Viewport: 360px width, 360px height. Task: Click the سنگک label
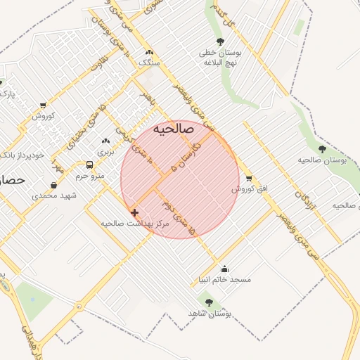pyautogui.click(x=149, y=63)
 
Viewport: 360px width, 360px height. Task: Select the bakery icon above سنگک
pyautogui.click(x=148, y=52)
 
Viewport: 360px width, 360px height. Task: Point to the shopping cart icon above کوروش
pyautogui.click(x=43, y=105)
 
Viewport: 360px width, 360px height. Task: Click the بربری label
pyautogui.click(x=105, y=151)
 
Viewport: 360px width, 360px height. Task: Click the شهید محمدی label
pyautogui.click(x=54, y=195)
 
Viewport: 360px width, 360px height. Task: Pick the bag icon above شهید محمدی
pyautogui.click(x=54, y=185)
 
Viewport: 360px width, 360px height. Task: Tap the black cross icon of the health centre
pyautogui.click(x=134, y=212)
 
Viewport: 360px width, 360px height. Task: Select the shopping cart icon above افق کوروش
pyautogui.click(x=247, y=179)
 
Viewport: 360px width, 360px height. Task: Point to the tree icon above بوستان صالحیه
pyautogui.click(x=322, y=149)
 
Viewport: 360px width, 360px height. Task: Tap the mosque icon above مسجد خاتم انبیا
pyautogui.click(x=224, y=268)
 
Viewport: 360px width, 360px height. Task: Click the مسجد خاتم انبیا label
pyautogui.click(x=224, y=279)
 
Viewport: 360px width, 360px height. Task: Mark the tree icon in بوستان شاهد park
pyautogui.click(x=209, y=302)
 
